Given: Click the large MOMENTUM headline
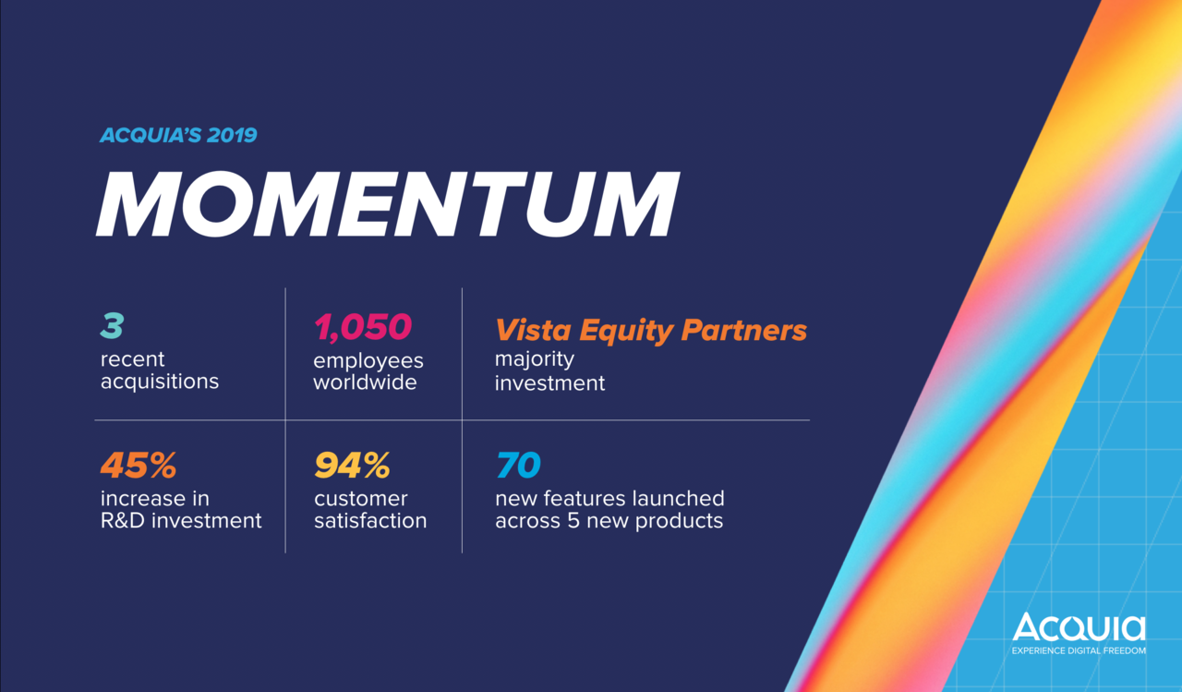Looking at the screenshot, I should [x=388, y=205].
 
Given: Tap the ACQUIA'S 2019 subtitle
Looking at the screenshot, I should [x=178, y=135].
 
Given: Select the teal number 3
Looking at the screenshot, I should [x=112, y=327].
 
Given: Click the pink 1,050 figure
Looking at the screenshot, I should [x=363, y=327].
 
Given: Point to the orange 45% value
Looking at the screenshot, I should [x=139, y=466].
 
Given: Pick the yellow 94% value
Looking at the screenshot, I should [x=352, y=466].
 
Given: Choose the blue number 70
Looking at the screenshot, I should [x=518, y=466].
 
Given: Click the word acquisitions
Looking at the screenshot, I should [x=160, y=381].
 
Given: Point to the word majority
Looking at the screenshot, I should [x=535, y=359].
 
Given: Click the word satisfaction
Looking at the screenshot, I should [x=370, y=520].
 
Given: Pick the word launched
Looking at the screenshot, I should [x=679, y=499].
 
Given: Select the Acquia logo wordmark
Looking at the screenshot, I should [x=1079, y=628].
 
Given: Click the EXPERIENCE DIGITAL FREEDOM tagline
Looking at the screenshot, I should [x=1079, y=650].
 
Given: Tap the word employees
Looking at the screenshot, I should [x=368, y=359].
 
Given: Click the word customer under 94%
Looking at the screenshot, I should [x=361, y=499].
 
